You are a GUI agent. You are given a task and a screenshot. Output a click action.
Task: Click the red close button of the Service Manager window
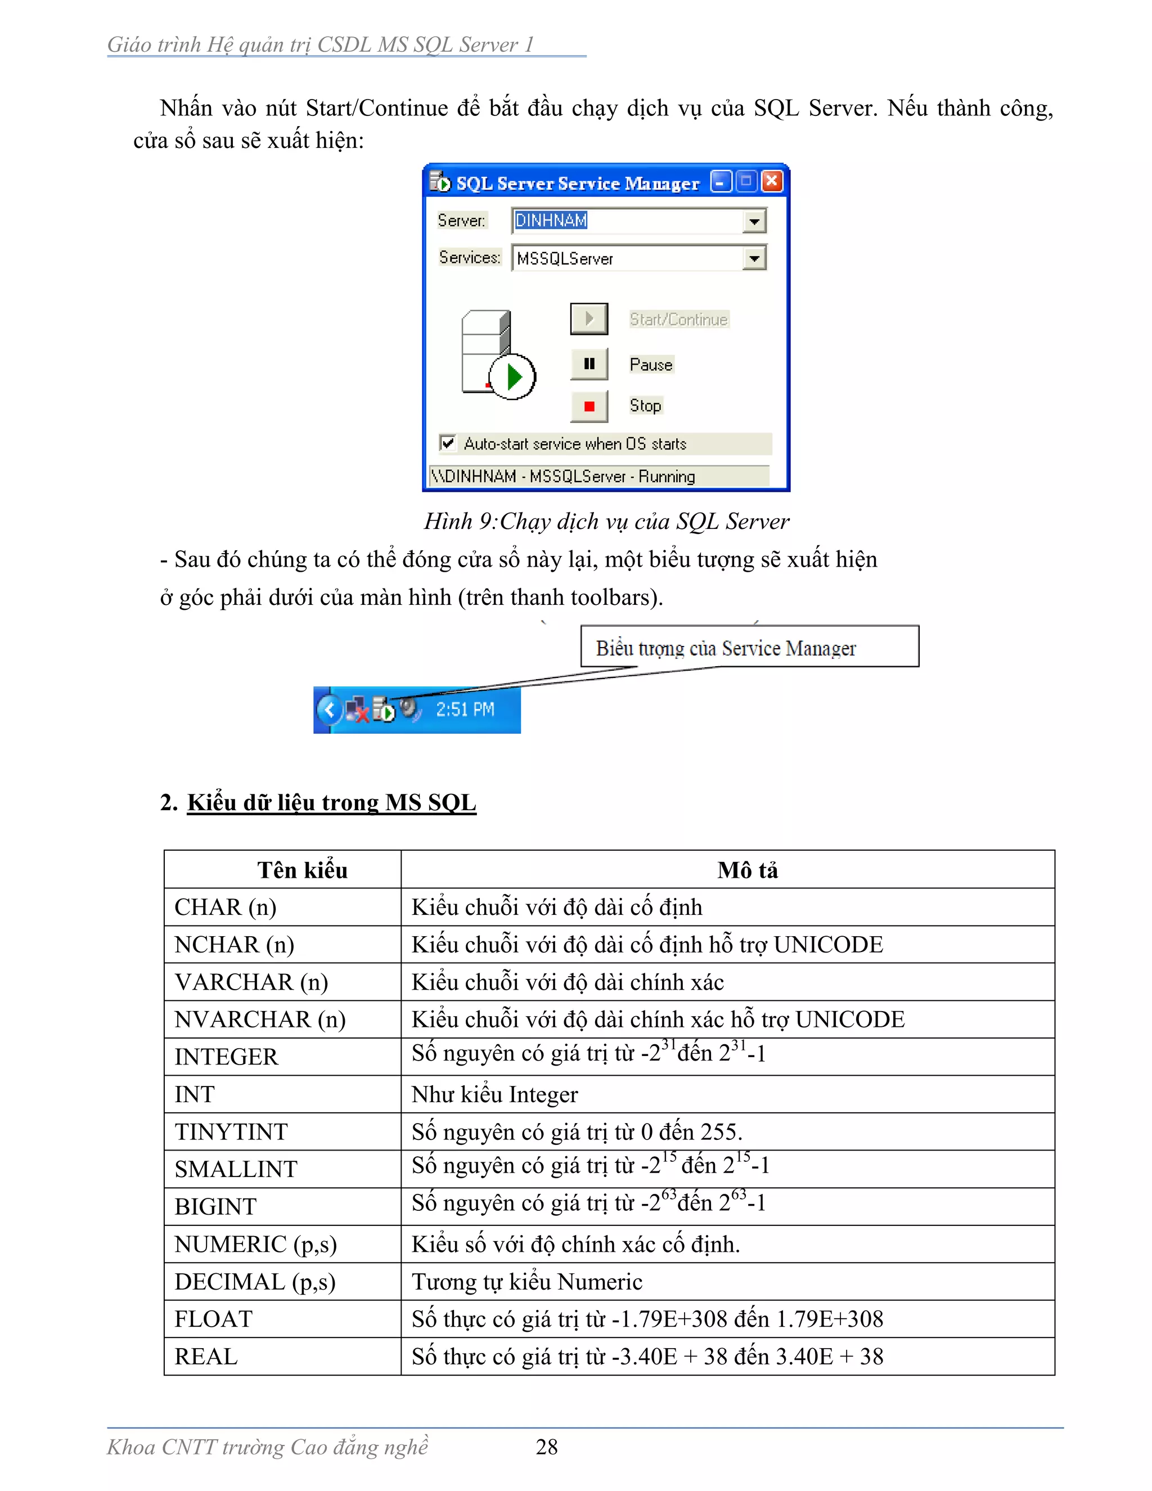tap(772, 182)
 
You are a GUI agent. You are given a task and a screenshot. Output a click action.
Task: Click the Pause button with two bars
tap(589, 364)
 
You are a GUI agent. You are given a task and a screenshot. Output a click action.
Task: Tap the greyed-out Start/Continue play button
tap(589, 319)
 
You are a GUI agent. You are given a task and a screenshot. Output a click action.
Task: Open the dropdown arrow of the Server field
tap(754, 221)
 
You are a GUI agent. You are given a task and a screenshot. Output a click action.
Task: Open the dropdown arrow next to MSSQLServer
tap(754, 259)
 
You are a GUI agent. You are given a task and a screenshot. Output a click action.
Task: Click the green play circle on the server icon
tap(512, 377)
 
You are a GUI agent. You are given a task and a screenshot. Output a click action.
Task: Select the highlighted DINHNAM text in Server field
tap(551, 221)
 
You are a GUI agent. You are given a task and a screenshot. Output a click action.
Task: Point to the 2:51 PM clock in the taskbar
tap(465, 710)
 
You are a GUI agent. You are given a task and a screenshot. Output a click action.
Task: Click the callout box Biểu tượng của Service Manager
tap(749, 647)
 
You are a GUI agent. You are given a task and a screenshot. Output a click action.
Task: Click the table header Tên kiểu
tap(302, 870)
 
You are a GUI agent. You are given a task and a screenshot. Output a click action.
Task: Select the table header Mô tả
tap(748, 870)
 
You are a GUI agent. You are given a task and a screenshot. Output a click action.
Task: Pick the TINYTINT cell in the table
tap(231, 1132)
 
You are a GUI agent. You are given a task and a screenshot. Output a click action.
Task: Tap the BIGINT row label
tap(215, 1207)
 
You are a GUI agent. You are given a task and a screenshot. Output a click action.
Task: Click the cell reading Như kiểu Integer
tap(495, 1095)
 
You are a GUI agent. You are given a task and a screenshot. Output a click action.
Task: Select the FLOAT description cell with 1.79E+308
tap(647, 1319)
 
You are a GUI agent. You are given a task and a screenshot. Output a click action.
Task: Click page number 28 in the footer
tap(547, 1446)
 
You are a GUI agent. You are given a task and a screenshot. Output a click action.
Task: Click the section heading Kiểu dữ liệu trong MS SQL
tap(332, 803)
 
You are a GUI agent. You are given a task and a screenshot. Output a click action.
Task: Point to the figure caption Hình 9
tap(606, 522)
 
